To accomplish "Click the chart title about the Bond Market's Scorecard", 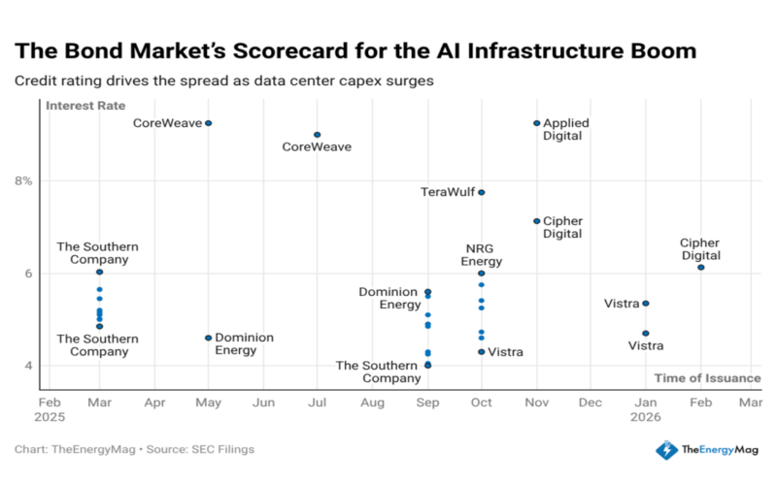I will click(355, 49).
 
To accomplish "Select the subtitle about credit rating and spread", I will click(223, 80).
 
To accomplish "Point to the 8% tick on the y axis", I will click(23, 180).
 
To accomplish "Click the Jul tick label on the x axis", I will click(317, 401).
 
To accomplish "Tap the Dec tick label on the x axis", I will click(590, 401).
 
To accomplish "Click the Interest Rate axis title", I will click(85, 106).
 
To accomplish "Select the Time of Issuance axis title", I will click(707, 377).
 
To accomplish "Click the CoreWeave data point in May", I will click(208, 123).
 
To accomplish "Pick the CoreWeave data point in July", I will click(317, 135).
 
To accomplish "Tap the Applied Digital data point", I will click(536, 123).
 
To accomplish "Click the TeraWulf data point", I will click(481, 192).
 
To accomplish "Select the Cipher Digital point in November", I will click(536, 221).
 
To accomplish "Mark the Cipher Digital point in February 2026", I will click(700, 268).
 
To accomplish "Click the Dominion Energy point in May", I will click(208, 338).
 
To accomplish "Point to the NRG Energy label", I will click(482, 255).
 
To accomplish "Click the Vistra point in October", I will click(481, 351).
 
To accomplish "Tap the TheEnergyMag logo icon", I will click(665, 449).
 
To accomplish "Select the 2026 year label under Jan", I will click(645, 416).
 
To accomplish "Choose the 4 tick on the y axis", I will click(28, 366).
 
